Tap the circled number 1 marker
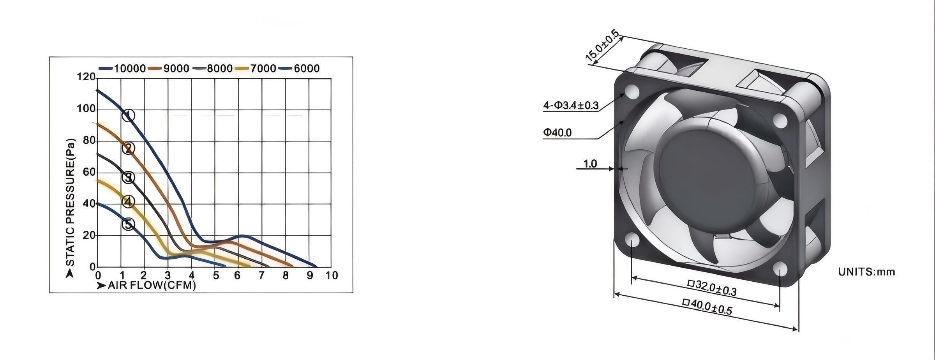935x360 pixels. pos(129,115)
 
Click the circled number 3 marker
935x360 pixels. pos(128,177)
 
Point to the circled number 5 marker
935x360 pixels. pos(128,224)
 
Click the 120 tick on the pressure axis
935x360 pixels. pos(86,77)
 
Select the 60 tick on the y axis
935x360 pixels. pos(89,172)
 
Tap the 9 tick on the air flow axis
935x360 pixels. pos(309,276)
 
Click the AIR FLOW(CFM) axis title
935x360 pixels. pos(151,286)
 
